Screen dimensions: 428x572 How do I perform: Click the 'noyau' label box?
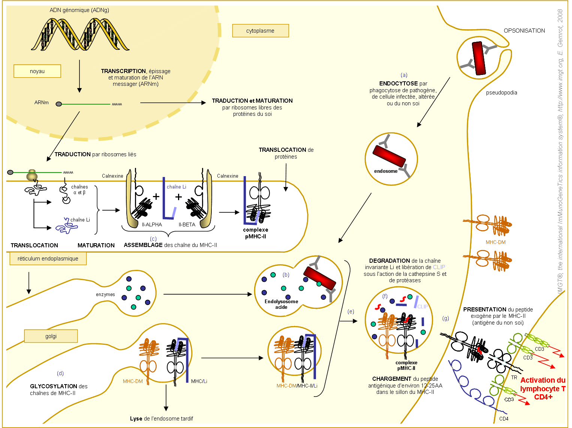click(37, 71)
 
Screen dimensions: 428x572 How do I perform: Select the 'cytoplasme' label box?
click(261, 31)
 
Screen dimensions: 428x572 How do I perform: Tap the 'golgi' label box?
click(51, 336)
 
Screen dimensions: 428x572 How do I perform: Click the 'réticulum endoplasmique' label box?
click(48, 259)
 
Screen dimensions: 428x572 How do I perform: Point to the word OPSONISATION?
click(524, 31)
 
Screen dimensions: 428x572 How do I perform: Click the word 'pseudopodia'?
click(502, 93)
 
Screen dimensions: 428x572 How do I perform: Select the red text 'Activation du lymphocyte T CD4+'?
click(543, 388)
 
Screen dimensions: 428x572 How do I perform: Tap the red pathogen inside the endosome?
click(389, 156)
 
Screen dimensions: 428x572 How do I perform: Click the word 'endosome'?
click(386, 171)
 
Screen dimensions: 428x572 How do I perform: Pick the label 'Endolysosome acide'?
click(281, 304)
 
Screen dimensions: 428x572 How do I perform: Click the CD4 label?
click(504, 419)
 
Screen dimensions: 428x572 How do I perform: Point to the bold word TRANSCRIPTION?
click(123, 71)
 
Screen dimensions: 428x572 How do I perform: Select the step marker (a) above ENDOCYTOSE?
click(404, 75)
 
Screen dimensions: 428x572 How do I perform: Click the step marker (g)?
click(446, 318)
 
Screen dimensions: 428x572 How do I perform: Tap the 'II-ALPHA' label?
click(152, 224)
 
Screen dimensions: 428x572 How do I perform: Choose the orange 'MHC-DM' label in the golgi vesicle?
click(133, 381)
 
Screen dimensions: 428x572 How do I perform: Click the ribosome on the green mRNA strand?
click(32, 175)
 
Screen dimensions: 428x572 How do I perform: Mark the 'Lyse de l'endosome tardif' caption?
click(162, 419)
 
